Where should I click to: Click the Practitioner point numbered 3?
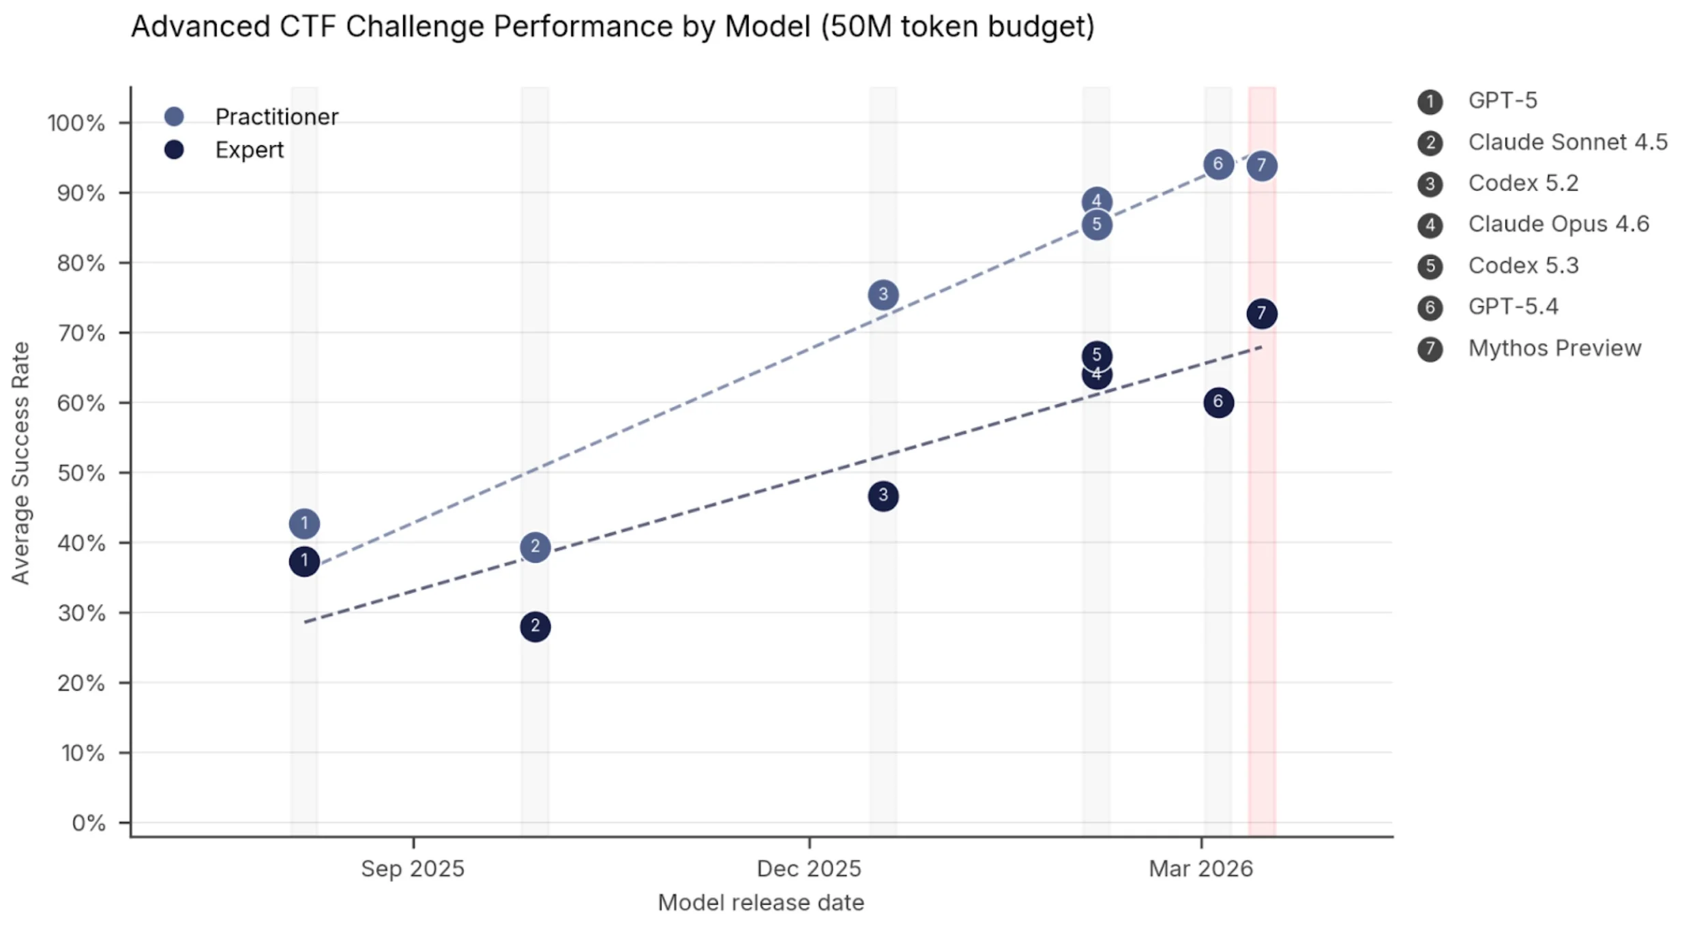click(x=883, y=295)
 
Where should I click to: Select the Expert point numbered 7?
click(x=1261, y=314)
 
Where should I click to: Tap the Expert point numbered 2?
click(x=535, y=626)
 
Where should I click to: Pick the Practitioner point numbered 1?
click(x=304, y=524)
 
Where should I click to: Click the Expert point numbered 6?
click(x=1218, y=402)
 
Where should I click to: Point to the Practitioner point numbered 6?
click(x=1218, y=164)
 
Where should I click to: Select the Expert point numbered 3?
click(x=883, y=496)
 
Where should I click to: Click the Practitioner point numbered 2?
click(x=535, y=547)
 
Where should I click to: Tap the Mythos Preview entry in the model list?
click(x=1554, y=349)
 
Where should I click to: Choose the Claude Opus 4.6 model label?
click(x=1558, y=224)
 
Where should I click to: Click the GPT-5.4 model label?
click(x=1513, y=307)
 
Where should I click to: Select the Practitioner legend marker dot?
click(x=175, y=117)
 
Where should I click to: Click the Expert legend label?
click(x=249, y=150)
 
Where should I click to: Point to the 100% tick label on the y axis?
click(x=76, y=123)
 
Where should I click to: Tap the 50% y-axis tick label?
click(x=81, y=473)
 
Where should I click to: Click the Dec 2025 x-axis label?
click(x=808, y=868)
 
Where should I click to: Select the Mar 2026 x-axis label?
click(x=1200, y=868)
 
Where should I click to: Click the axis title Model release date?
click(x=761, y=902)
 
